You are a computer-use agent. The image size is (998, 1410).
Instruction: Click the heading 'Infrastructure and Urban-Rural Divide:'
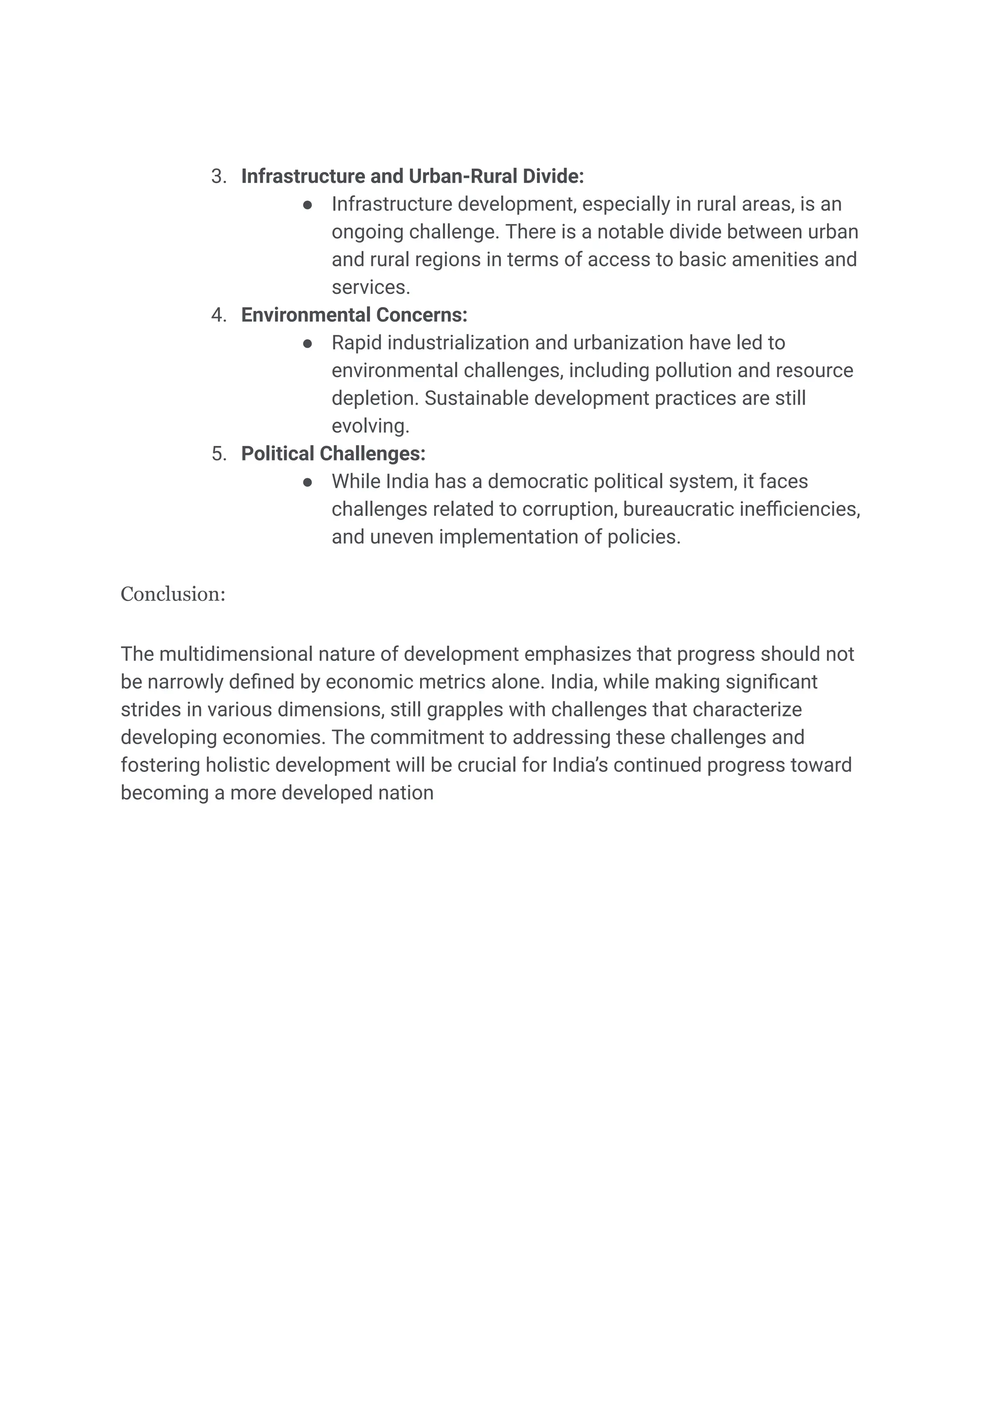tap(412, 176)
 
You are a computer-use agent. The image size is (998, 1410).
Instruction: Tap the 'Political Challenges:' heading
tap(333, 454)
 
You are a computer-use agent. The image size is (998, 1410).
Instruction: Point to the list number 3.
tap(218, 176)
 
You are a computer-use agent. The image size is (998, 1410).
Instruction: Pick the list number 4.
tap(218, 315)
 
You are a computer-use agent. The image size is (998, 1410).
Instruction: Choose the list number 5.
tap(218, 454)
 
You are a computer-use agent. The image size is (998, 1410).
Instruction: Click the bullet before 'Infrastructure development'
tap(308, 205)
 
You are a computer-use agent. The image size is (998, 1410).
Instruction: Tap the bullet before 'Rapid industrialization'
tap(308, 343)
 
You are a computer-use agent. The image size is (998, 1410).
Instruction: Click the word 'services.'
tap(370, 288)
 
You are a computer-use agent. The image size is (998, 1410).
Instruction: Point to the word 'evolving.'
tap(370, 426)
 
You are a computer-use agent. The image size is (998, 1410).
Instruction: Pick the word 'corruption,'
tap(570, 509)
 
